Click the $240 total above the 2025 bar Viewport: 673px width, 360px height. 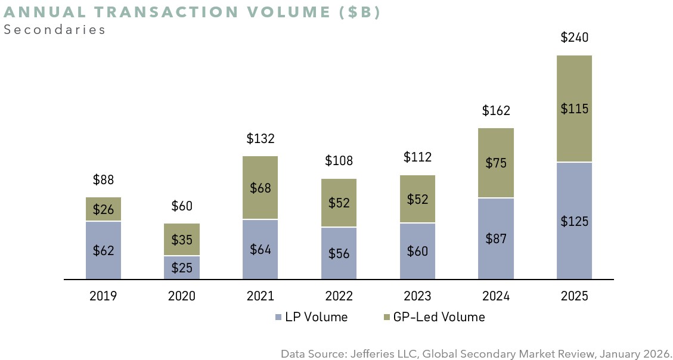(574, 38)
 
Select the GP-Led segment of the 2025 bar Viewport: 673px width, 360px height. (574, 108)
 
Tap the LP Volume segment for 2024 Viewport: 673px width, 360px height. (496, 238)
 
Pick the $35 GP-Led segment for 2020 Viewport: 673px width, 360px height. (182, 240)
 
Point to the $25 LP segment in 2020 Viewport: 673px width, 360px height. (182, 268)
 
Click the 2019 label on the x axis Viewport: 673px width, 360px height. (103, 296)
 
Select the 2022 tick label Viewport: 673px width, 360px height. (339, 296)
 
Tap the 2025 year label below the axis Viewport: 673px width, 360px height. (574, 296)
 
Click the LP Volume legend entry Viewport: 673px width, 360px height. (311, 317)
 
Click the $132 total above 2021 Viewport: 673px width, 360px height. (260, 139)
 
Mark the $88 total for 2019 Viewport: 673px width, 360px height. (103, 179)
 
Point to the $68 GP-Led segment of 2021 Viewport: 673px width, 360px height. (260, 188)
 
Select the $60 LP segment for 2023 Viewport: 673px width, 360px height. (417, 251)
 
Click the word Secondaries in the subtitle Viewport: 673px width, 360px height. (54, 30)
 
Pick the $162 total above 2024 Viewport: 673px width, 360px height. (496, 110)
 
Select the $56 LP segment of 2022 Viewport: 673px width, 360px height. (339, 253)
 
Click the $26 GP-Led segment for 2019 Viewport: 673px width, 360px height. (103, 209)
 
